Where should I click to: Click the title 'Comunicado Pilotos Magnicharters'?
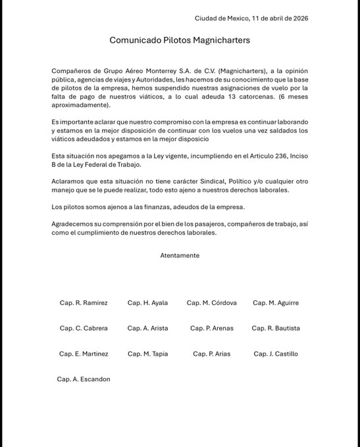pos(180,40)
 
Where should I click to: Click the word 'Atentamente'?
pos(180,255)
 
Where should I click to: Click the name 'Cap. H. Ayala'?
pos(147,303)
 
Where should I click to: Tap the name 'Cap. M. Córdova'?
pos(211,303)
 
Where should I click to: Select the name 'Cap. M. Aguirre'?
pos(275,303)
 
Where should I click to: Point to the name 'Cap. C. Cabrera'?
pos(84,328)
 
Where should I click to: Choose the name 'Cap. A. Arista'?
pos(147,328)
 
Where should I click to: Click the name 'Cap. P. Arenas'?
pos(211,328)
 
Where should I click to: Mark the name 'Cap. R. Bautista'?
pos(275,328)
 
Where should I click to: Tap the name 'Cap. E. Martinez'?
pos(84,354)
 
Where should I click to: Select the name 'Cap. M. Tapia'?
pos(147,354)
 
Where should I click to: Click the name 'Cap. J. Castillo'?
pos(275,354)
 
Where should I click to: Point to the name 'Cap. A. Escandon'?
pos(84,379)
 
